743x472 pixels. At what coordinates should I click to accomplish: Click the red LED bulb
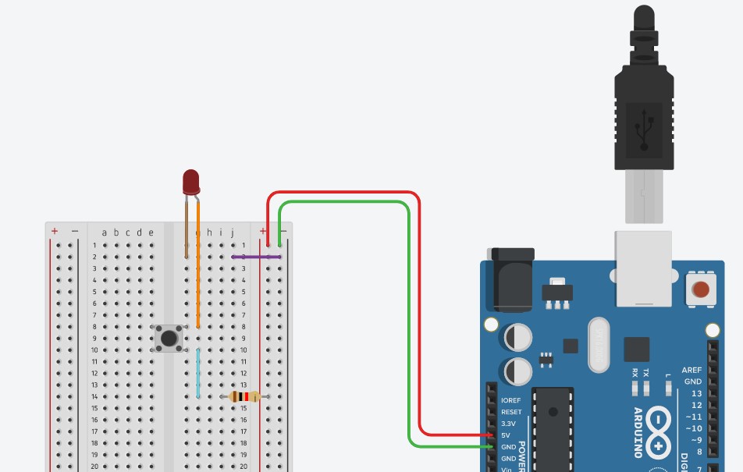[191, 182]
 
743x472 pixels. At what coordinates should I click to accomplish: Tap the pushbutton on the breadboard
[169, 339]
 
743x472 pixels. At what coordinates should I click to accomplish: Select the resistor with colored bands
[245, 397]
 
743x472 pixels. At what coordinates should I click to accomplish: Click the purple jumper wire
[256, 256]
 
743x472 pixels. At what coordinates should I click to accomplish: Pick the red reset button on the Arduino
[701, 289]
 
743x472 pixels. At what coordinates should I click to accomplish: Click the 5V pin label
[506, 435]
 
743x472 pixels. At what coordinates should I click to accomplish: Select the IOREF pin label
[510, 400]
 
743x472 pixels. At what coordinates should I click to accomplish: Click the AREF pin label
[691, 371]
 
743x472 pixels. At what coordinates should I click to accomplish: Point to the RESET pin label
[511, 412]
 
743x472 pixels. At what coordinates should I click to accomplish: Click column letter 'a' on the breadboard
[105, 232]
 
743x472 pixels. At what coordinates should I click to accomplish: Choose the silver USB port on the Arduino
[643, 268]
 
